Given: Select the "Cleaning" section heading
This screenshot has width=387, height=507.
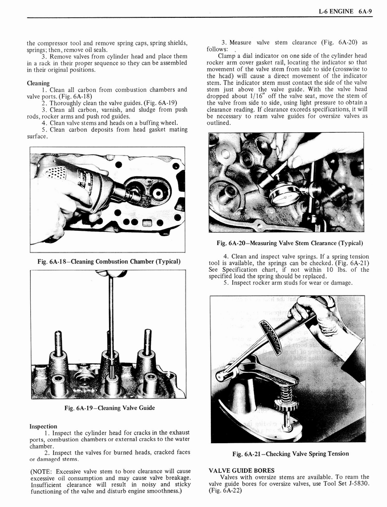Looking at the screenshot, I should pyautogui.click(x=38, y=83).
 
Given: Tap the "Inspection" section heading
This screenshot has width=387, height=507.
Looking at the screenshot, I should pyautogui.click(x=43, y=426).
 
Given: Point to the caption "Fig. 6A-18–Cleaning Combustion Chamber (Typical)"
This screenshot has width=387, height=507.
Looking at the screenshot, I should pyautogui.click(x=108, y=261).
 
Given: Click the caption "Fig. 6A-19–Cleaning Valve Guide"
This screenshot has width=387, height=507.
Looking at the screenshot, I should pyautogui.click(x=109, y=407).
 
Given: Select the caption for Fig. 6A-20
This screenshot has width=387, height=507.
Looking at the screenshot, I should pyautogui.click(x=289, y=243).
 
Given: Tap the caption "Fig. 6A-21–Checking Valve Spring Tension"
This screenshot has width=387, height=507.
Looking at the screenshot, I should pyautogui.click(x=290, y=454).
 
